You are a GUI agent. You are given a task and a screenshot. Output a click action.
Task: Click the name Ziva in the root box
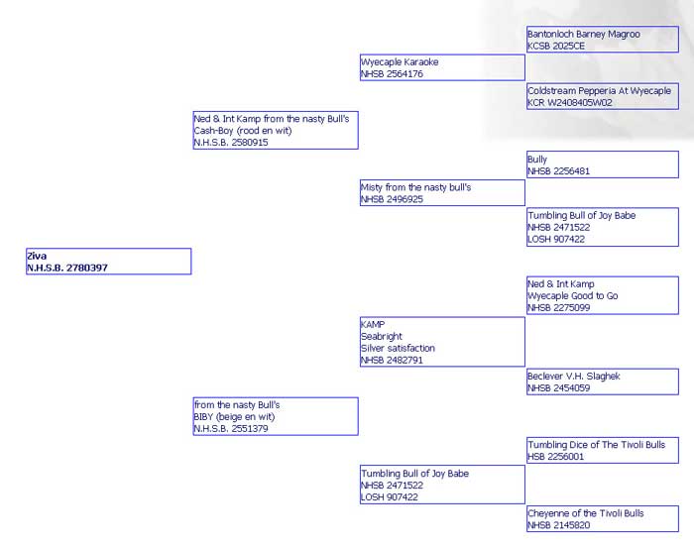click(37, 256)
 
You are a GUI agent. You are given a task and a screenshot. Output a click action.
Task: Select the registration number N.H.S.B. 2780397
click(67, 268)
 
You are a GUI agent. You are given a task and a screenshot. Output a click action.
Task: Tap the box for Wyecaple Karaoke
click(442, 67)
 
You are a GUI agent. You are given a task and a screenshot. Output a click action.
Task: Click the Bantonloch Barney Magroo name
click(584, 34)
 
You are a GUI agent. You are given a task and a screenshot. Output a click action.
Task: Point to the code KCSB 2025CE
click(556, 46)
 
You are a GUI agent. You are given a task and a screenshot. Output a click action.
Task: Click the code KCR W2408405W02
click(570, 103)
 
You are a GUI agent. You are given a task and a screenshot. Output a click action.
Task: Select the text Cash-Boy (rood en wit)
click(243, 131)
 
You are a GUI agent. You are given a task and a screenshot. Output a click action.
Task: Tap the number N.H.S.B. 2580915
click(231, 143)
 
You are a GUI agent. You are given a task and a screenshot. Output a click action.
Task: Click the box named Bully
click(603, 164)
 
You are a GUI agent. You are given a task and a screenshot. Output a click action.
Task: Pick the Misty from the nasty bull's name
click(416, 187)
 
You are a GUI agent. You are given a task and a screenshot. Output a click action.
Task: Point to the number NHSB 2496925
click(393, 199)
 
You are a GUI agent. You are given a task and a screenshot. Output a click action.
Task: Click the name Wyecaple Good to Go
click(573, 295)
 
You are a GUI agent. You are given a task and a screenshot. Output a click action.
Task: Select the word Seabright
click(382, 336)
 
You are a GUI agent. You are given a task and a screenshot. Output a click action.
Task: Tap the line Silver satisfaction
click(398, 348)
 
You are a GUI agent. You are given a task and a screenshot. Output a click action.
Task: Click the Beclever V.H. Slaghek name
click(574, 376)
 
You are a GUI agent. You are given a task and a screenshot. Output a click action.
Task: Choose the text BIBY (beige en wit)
click(234, 417)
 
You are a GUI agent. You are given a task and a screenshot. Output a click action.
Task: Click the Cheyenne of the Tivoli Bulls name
click(586, 513)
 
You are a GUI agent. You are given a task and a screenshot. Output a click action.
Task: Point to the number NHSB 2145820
click(558, 525)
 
